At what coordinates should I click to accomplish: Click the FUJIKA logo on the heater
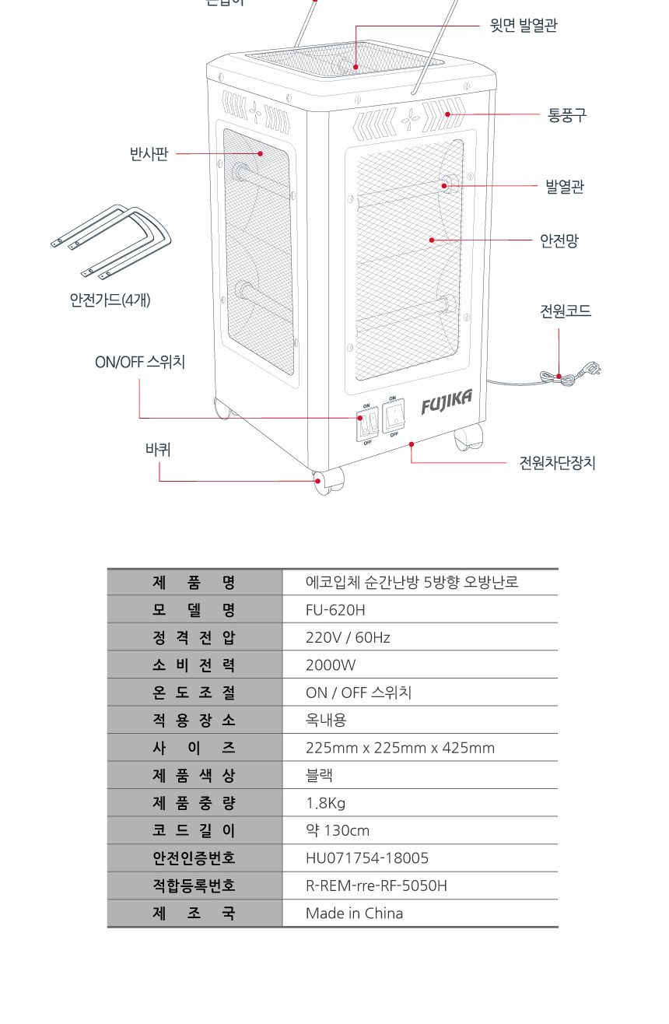pos(447,402)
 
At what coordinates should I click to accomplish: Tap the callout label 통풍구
pos(566,115)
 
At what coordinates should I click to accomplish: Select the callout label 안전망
pos(559,241)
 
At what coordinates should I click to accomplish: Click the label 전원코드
pos(566,311)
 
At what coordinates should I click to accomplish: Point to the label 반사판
pos(149,154)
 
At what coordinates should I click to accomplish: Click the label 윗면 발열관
pos(523,26)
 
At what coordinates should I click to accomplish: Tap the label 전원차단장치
pos(557,463)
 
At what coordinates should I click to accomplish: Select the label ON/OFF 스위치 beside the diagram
pos(140,362)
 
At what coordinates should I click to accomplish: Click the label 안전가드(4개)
pos(110,300)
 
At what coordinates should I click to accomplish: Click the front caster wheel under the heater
pos(328,480)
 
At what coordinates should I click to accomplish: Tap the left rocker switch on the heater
pos(367,423)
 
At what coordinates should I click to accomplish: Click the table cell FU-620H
pos(335,609)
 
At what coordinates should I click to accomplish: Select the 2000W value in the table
pos(330,665)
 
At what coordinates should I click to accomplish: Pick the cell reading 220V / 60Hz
pos(348,637)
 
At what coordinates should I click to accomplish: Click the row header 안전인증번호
pos(194,858)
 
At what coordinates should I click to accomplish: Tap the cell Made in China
pos(354,914)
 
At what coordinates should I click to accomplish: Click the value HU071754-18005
pos(366,858)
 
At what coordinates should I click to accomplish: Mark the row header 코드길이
pos(194,830)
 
